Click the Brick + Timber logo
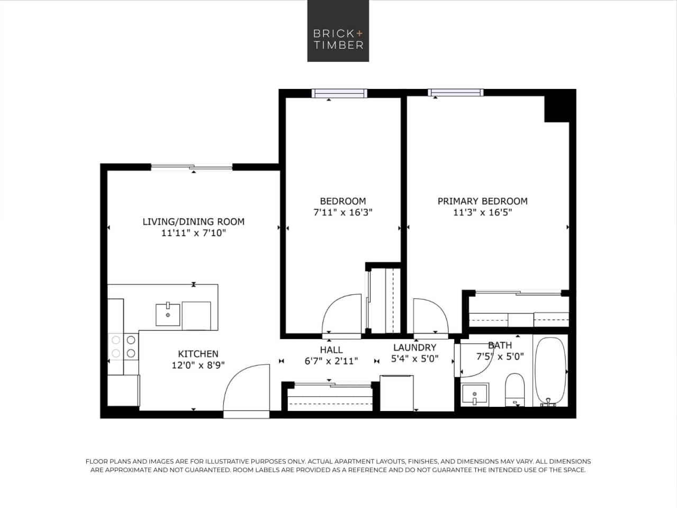point(338,31)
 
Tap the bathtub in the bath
point(550,371)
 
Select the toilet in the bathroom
point(514,389)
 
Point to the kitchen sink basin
point(168,315)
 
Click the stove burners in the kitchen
point(123,346)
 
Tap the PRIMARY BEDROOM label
point(482,201)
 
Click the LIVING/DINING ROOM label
point(193,221)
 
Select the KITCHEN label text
point(198,354)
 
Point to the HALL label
point(331,350)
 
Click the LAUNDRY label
point(414,347)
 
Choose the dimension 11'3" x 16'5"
point(482,213)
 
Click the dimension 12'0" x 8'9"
point(198,365)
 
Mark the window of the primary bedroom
point(456,93)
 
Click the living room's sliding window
point(192,167)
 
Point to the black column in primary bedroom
point(557,108)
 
